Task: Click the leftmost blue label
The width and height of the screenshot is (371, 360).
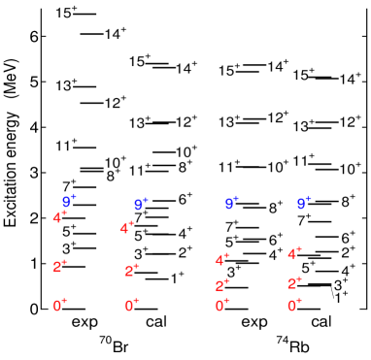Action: [68, 201]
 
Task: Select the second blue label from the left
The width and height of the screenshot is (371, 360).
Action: [141, 205]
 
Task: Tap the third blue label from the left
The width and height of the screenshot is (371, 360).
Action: [231, 203]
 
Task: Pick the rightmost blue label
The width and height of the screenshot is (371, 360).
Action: [303, 203]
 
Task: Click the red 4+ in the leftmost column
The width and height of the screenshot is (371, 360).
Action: [60, 216]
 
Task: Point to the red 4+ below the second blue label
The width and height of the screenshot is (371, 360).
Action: [127, 228]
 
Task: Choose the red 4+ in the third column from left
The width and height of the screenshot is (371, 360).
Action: [222, 259]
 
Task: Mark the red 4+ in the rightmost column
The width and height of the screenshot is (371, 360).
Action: [294, 253]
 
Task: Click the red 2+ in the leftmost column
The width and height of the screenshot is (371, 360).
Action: [60, 266]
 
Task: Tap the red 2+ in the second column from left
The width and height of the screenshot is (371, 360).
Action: [132, 271]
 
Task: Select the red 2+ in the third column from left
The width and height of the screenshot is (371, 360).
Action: [222, 285]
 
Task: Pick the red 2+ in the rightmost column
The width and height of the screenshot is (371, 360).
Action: [294, 283]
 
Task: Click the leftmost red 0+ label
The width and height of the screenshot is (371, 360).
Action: [60, 306]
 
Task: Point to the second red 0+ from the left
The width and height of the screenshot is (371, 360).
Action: [132, 306]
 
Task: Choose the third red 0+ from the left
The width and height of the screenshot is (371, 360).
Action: [222, 306]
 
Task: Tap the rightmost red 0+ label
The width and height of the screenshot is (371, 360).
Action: [294, 306]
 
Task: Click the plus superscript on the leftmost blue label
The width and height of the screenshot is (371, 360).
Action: [74, 197]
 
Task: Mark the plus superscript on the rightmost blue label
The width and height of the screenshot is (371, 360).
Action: [308, 199]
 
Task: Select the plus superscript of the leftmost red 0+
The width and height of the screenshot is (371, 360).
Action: [65, 302]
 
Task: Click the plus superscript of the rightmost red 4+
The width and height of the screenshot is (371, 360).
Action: [299, 249]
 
